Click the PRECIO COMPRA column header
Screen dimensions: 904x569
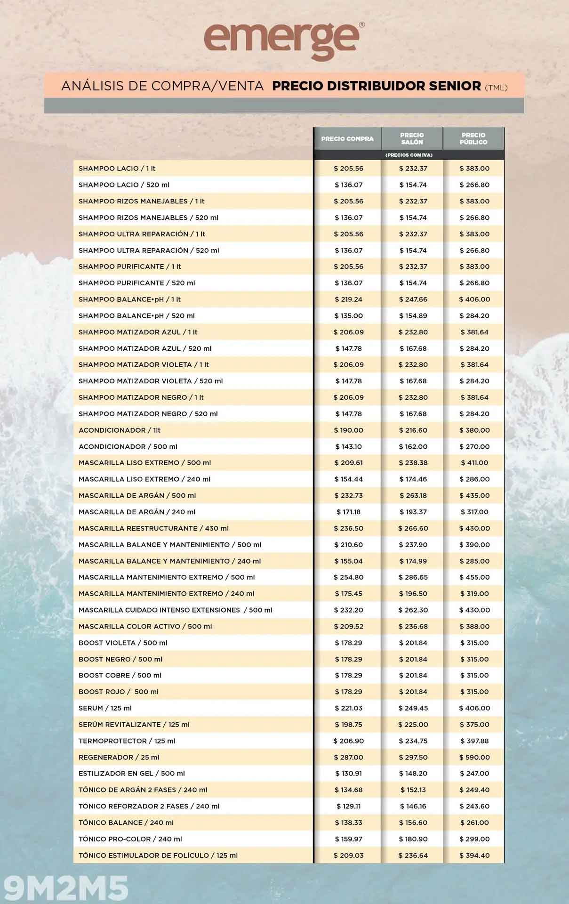pyautogui.click(x=347, y=139)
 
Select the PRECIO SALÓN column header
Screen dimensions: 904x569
pyautogui.click(x=412, y=138)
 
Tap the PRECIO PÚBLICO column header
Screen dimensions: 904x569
pyautogui.click(x=473, y=138)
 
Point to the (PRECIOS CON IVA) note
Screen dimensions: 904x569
pyautogui.click(x=409, y=155)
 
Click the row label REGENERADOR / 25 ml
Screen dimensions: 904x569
pyautogui.click(x=119, y=757)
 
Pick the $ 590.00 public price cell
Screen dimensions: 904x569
pyautogui.click(x=474, y=757)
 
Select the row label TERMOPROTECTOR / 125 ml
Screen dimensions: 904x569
pyautogui.click(x=127, y=741)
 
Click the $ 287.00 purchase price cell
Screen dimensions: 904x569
pyautogui.click(x=348, y=757)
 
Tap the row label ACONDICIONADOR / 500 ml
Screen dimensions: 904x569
pyautogui.click(x=128, y=446)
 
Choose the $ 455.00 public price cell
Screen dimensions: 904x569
pyautogui.click(x=474, y=577)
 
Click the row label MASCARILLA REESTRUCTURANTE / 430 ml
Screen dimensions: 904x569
pyautogui.click(x=153, y=528)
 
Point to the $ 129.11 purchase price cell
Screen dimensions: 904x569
pyautogui.click(x=348, y=806)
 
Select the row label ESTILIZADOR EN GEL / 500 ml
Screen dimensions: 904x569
pyautogui.click(x=131, y=774)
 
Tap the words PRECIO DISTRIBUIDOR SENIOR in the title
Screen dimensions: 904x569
pyautogui.click(x=377, y=86)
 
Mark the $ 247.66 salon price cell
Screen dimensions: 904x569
pyautogui.click(x=413, y=299)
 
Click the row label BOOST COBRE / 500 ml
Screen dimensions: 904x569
pyautogui.click(x=120, y=675)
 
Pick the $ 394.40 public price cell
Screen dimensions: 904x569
pyautogui.click(x=474, y=856)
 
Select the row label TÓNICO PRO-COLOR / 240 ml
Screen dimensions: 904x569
pyautogui.click(x=130, y=839)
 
